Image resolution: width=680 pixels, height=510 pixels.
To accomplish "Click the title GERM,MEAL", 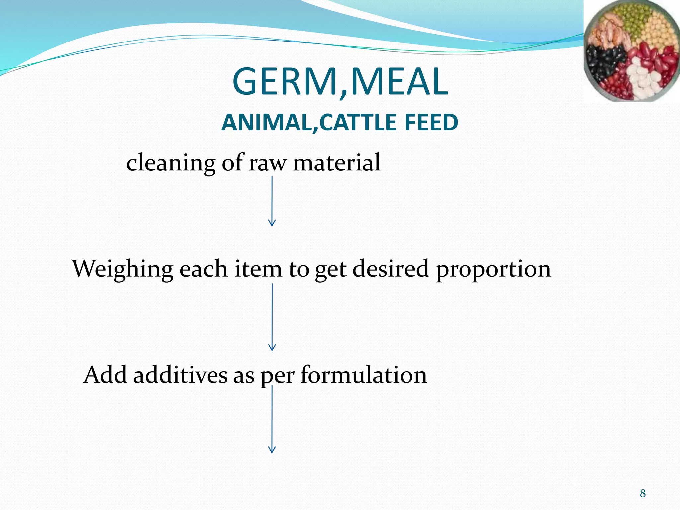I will coord(340,82).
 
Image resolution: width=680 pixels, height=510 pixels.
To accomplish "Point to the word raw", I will coord(267,163).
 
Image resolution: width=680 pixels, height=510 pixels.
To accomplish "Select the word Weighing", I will coord(123,269).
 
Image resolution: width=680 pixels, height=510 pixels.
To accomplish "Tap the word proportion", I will coord(493,270).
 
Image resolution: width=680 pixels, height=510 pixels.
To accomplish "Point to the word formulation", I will coord(364,375).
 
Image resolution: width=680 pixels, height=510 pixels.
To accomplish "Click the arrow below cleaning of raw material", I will coord(272,201).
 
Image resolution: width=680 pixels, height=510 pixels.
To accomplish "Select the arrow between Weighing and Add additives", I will coord(272,317).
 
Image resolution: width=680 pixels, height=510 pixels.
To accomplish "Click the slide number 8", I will coord(643,493).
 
